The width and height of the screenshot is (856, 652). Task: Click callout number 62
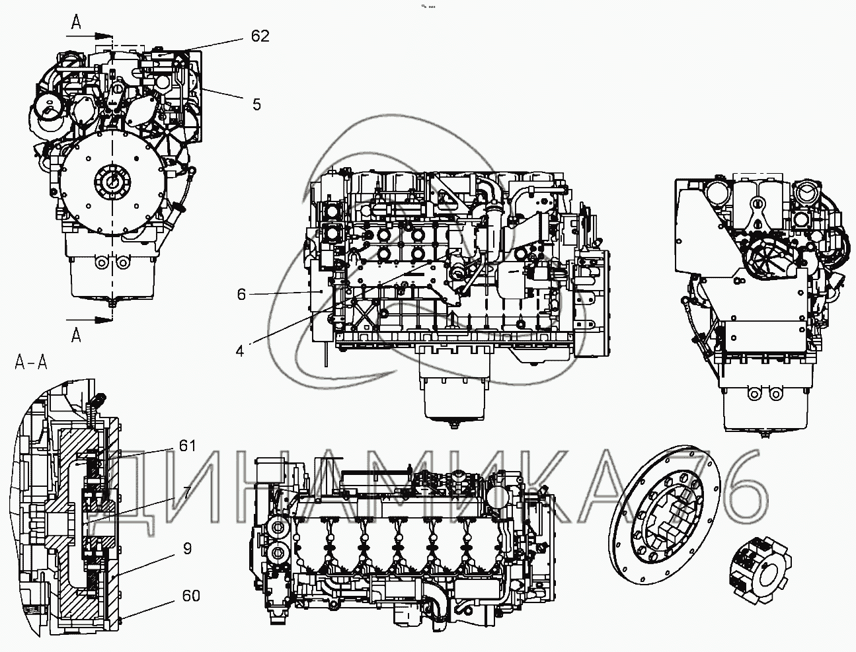pyautogui.click(x=260, y=36)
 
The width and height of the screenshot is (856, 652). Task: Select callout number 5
pyautogui.click(x=256, y=104)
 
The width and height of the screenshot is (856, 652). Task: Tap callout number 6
pyautogui.click(x=242, y=294)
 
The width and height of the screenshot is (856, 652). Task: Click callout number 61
pyautogui.click(x=188, y=447)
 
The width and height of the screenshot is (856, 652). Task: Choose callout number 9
pyautogui.click(x=188, y=548)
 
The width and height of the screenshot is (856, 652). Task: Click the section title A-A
pyautogui.click(x=32, y=361)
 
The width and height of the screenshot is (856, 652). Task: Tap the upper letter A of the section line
pyautogui.click(x=77, y=24)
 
